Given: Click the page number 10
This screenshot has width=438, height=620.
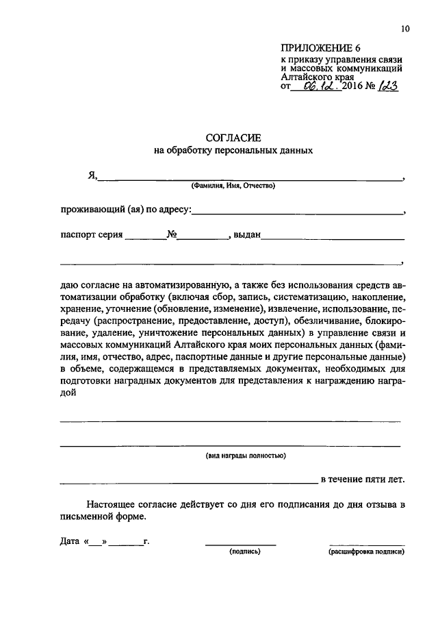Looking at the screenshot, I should point(405,29).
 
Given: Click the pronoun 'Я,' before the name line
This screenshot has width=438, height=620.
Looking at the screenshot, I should point(92,175).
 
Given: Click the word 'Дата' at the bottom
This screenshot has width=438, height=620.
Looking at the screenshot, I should point(70,541).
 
